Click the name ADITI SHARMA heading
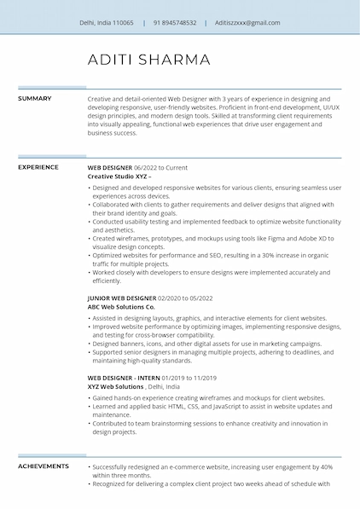tap(148, 60)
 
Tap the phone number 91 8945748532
tap(175, 23)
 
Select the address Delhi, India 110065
tap(106, 23)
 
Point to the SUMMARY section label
tap(35, 99)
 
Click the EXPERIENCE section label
tap(38, 168)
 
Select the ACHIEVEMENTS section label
tap(44, 466)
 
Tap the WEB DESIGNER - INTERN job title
tap(121, 378)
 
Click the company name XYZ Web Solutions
tap(116, 386)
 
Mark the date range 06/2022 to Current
tap(160, 168)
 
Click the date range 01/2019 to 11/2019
tap(187, 378)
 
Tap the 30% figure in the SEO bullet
tap(264, 255)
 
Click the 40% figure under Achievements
tap(327, 467)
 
